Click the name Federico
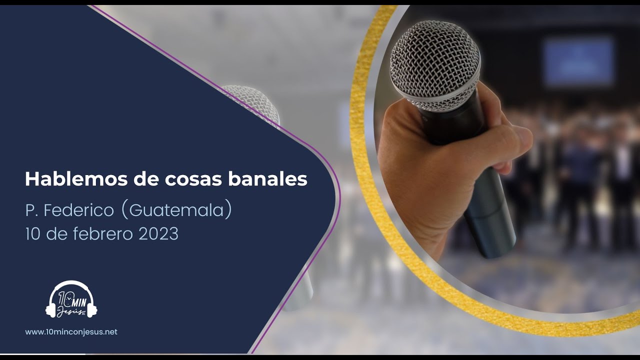[79, 210]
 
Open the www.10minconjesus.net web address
[71, 331]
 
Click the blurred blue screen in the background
[578, 61]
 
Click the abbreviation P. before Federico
[31, 210]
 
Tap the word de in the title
[145, 179]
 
